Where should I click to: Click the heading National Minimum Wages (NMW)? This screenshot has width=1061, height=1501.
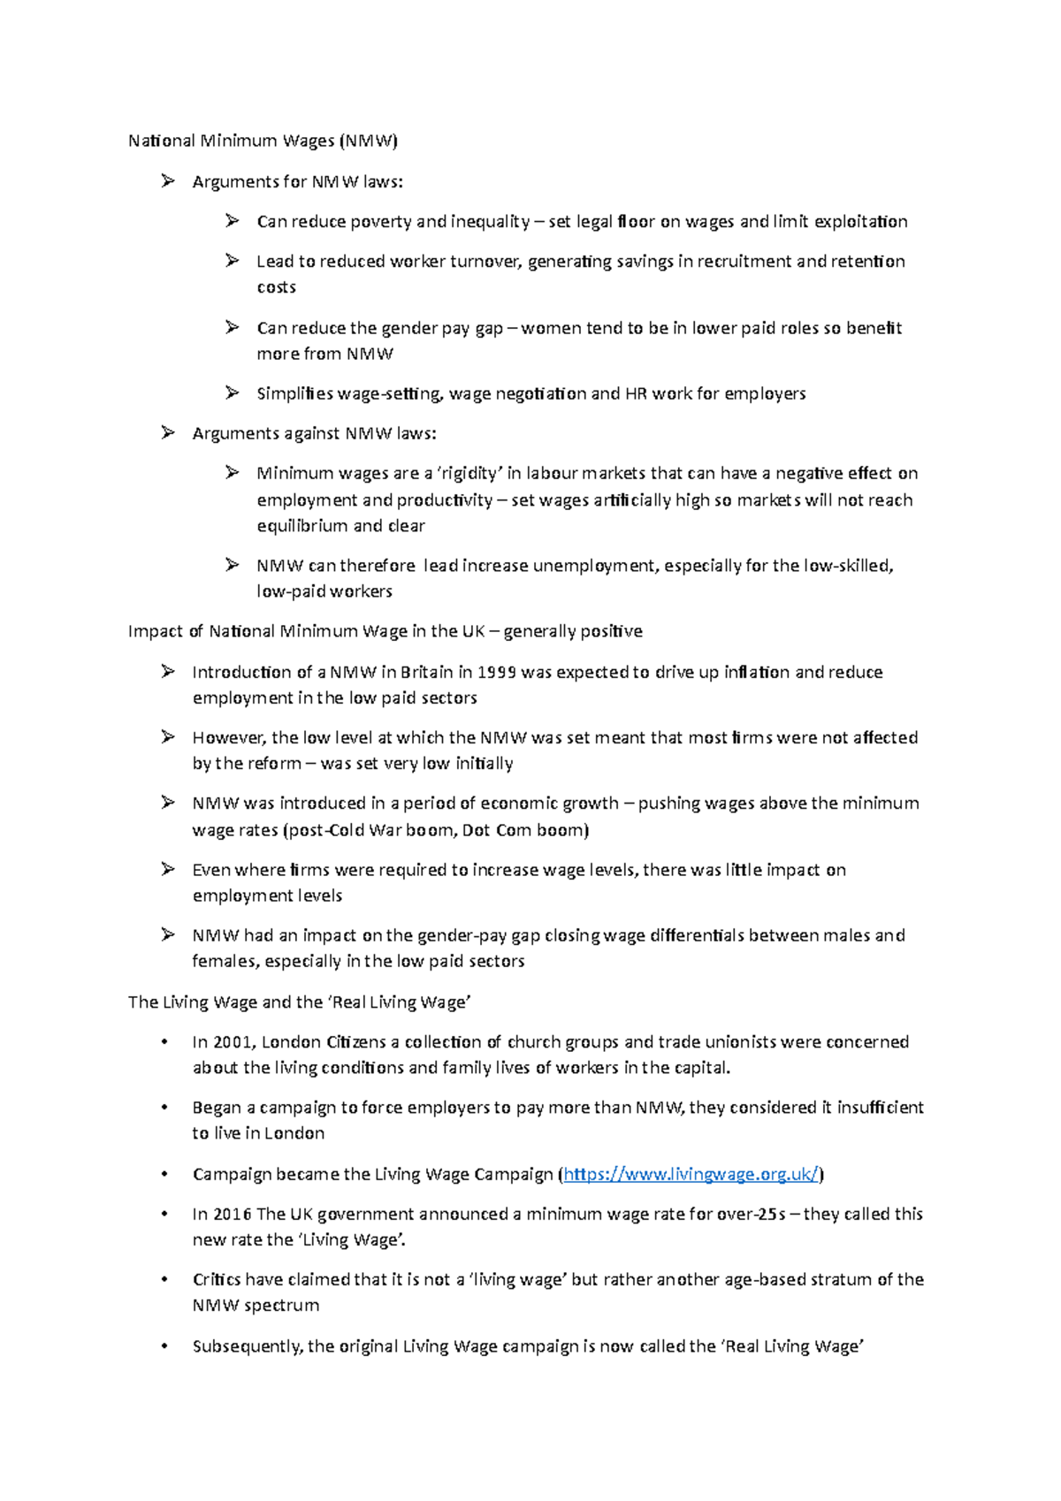[263, 141]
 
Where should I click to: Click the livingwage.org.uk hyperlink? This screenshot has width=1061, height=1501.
[691, 1174]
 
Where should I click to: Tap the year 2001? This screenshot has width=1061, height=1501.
[233, 1041]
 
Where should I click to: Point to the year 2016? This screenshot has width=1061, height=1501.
[233, 1214]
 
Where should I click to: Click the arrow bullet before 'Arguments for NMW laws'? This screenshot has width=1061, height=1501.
[168, 181]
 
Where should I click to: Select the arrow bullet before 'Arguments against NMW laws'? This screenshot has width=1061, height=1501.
[168, 432]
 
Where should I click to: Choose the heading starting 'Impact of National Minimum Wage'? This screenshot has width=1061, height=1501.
[385, 631]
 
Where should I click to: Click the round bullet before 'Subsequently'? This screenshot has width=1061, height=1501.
[164, 1346]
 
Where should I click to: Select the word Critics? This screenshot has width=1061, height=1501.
[217, 1279]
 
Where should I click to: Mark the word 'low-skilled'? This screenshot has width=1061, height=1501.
[847, 565]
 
